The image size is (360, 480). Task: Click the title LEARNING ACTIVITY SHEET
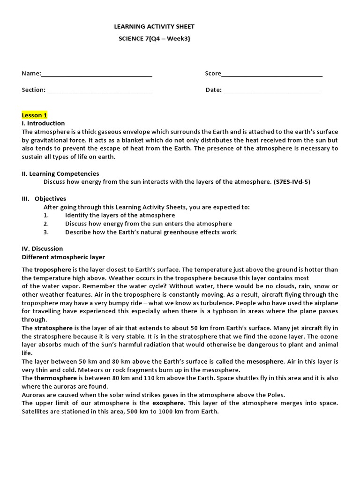point(154,27)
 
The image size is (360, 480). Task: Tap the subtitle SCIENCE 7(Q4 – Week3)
point(154,38)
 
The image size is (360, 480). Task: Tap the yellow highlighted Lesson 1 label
point(34,115)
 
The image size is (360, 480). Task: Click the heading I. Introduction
point(43,123)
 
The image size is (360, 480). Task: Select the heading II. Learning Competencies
point(60,173)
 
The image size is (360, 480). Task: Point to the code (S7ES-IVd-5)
point(292,182)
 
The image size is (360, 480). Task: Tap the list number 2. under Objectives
point(46,224)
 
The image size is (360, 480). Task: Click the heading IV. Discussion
point(42,248)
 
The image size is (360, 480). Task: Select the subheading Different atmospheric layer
point(63,257)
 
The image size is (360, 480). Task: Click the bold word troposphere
point(52,270)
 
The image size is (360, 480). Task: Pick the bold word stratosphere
point(53,328)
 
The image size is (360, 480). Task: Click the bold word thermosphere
point(55,378)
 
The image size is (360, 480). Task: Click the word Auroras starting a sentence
point(32,395)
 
